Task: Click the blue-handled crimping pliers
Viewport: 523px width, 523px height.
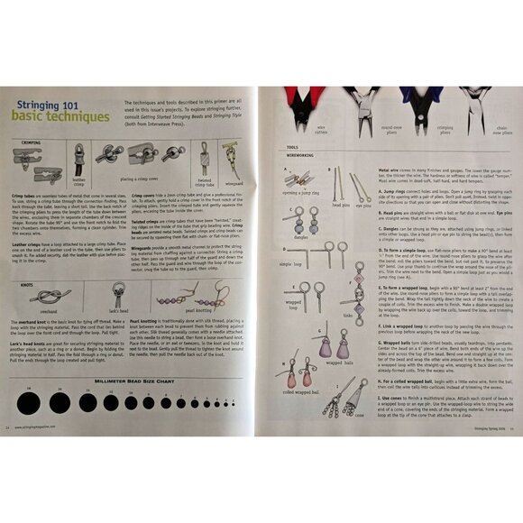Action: (439, 108)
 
